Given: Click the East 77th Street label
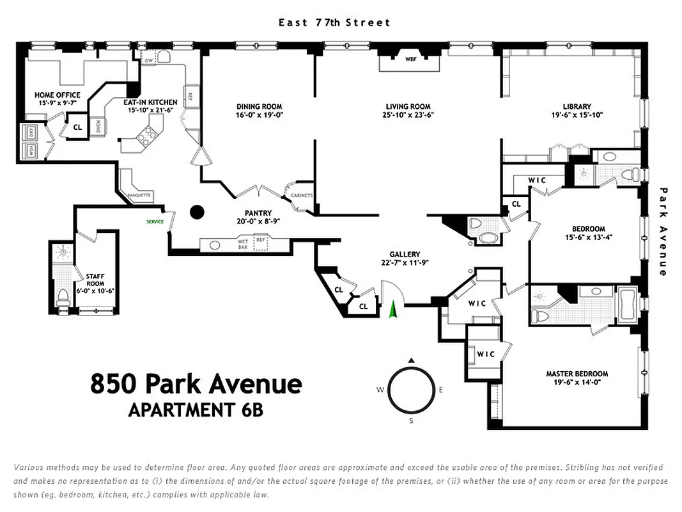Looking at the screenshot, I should coord(334,22).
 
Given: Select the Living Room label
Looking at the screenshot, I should coord(408,107).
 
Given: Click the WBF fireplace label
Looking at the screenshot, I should coord(410,59).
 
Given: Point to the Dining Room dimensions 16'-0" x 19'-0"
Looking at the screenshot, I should coord(259,116).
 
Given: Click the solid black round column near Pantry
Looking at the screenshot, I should coord(198,211).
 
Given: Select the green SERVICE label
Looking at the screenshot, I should coord(155,222).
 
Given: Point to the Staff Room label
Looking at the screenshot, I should coord(95,280).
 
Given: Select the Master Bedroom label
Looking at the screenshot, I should coord(577,374).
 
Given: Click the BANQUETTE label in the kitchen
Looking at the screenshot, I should coord(139,195).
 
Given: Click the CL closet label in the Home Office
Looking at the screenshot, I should coord(77,127).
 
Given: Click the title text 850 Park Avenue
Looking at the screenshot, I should coord(196,384).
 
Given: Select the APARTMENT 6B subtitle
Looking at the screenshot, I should coord(196,410).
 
